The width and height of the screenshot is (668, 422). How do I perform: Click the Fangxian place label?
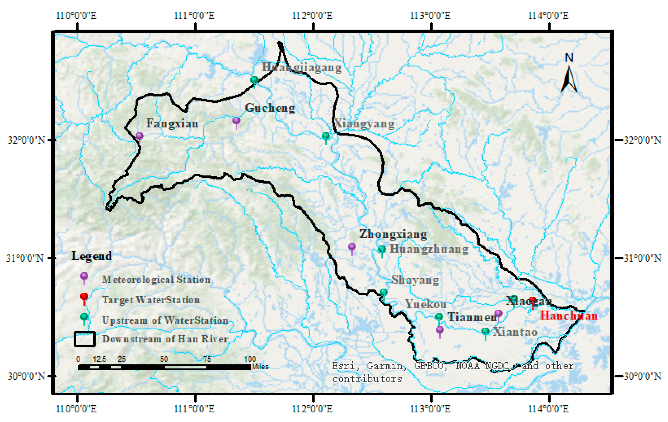[172, 123]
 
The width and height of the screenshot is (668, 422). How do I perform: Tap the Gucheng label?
[270, 108]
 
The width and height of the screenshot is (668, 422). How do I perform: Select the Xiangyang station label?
[364, 124]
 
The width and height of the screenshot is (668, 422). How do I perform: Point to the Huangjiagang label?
[302, 67]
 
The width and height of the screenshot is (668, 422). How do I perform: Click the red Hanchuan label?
[568, 316]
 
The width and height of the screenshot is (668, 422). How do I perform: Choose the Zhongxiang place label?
[393, 234]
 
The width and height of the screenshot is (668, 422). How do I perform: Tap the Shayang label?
[415, 280]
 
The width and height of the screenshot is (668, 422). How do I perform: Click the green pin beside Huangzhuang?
[382, 249]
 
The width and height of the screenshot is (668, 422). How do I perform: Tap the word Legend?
[92, 256]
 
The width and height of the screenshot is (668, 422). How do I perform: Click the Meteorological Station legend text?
[156, 279]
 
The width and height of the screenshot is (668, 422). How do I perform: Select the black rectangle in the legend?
[84, 339]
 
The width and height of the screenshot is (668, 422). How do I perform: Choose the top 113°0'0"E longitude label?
[430, 15]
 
